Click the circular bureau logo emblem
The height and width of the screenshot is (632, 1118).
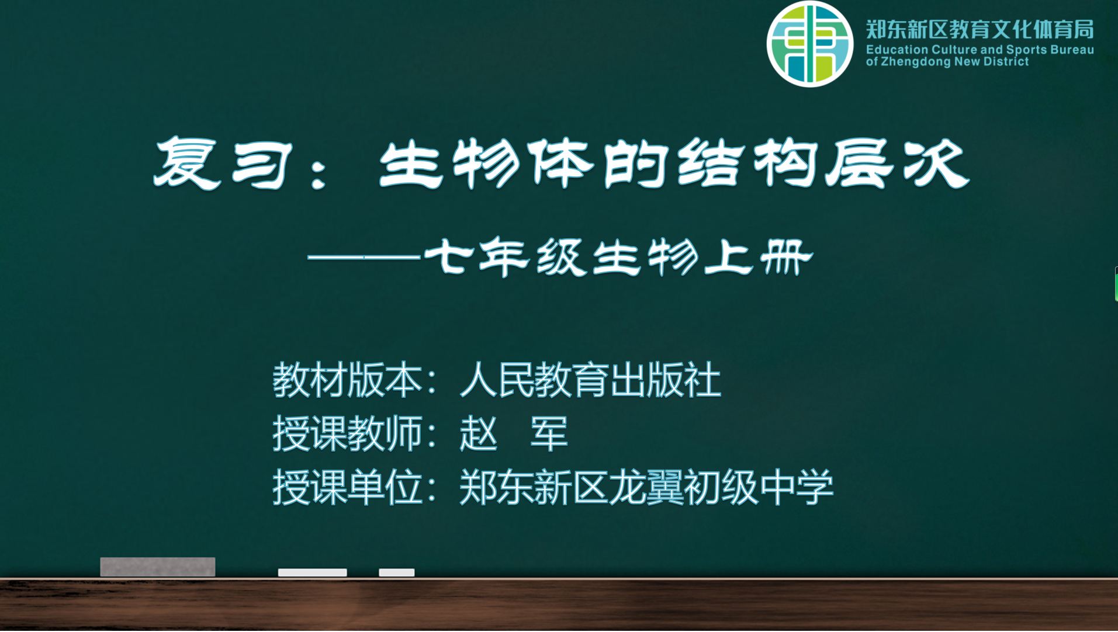click(x=809, y=44)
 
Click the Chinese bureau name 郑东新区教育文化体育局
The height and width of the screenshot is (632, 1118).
click(x=979, y=29)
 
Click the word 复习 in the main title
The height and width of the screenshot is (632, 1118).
click(x=223, y=163)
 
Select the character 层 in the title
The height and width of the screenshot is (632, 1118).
click(x=860, y=163)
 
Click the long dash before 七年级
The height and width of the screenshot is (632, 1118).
click(x=364, y=256)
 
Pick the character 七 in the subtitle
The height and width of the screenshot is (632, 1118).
click(x=448, y=256)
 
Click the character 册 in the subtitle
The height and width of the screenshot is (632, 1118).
click(x=787, y=256)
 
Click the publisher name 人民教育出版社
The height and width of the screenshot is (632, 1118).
click(x=590, y=380)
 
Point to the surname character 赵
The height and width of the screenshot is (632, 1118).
click(x=479, y=433)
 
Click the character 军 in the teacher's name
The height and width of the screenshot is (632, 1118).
click(x=549, y=433)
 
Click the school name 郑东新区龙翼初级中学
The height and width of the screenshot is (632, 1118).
click(x=646, y=487)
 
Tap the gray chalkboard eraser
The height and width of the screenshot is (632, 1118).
click(x=158, y=567)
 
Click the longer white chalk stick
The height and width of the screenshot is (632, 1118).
click(x=313, y=572)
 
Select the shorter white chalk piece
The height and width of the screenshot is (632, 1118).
click(x=397, y=572)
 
